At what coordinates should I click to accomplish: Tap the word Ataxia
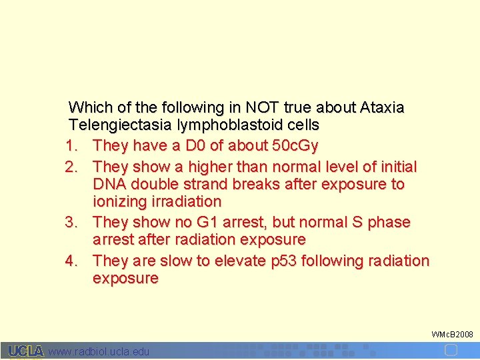(382, 107)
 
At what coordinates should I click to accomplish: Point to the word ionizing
(119, 201)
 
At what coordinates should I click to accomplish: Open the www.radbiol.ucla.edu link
(99, 351)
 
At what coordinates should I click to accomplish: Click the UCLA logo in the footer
(26, 351)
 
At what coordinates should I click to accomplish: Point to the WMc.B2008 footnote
(453, 333)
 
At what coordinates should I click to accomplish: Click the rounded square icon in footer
(451, 350)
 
